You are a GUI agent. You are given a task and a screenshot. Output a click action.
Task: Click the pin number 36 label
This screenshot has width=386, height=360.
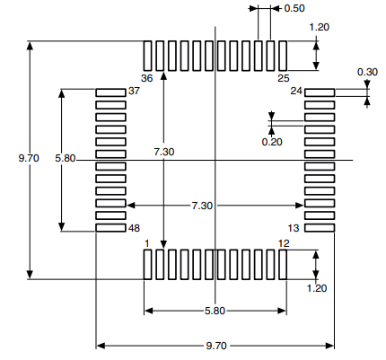click(x=147, y=79)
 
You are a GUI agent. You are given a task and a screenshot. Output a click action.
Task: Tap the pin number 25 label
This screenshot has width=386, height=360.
click(x=282, y=79)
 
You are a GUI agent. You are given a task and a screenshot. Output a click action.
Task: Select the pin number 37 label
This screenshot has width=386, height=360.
click(x=134, y=92)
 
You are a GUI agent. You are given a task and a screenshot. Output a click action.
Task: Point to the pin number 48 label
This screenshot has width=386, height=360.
click(x=134, y=228)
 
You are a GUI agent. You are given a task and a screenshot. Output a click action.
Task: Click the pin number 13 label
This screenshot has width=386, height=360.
click(x=293, y=228)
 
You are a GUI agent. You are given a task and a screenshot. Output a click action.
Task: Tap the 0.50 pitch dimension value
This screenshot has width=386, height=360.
click(x=294, y=8)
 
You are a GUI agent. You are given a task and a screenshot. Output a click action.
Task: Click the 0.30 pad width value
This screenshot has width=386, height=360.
click(x=367, y=72)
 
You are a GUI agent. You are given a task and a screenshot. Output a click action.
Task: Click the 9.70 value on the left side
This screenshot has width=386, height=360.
click(x=29, y=158)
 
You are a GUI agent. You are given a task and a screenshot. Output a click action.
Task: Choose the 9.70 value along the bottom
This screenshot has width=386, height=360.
click(x=215, y=345)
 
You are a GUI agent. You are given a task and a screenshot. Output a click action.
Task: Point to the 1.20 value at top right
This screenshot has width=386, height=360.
click(x=319, y=27)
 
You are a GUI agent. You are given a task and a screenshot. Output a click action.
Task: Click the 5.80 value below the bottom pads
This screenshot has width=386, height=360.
click(x=215, y=311)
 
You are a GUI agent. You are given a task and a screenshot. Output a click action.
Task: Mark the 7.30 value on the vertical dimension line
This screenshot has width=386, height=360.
click(x=163, y=153)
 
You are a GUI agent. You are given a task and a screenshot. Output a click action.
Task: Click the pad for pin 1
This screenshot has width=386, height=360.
click(x=148, y=265)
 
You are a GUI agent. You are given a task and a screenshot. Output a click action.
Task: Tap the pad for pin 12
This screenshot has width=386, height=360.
click(x=282, y=265)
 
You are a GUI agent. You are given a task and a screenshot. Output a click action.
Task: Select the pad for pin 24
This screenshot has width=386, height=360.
click(x=320, y=92)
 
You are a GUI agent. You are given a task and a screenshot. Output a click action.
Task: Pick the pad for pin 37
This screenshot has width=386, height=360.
click(x=110, y=92)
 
